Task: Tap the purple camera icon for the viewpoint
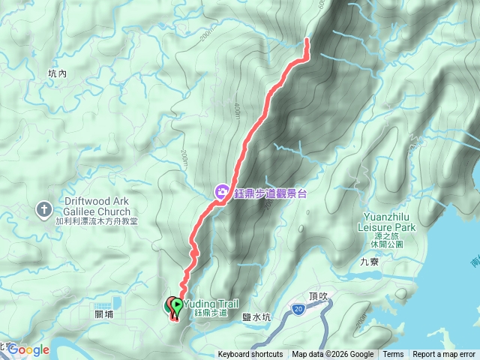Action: point(222,193)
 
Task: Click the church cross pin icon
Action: point(43,208)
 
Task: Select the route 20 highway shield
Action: point(298,308)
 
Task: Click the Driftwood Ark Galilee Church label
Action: point(87,207)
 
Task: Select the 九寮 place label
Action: point(370,262)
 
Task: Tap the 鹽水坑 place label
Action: point(256,318)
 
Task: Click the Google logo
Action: point(28,350)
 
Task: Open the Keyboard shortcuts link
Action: point(250,355)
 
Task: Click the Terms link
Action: point(393,355)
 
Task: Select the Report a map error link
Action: point(444,355)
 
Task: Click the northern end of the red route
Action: point(307,39)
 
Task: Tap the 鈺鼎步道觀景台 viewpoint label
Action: point(269,193)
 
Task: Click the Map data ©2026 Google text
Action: point(333,355)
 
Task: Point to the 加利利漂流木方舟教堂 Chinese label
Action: point(87,223)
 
